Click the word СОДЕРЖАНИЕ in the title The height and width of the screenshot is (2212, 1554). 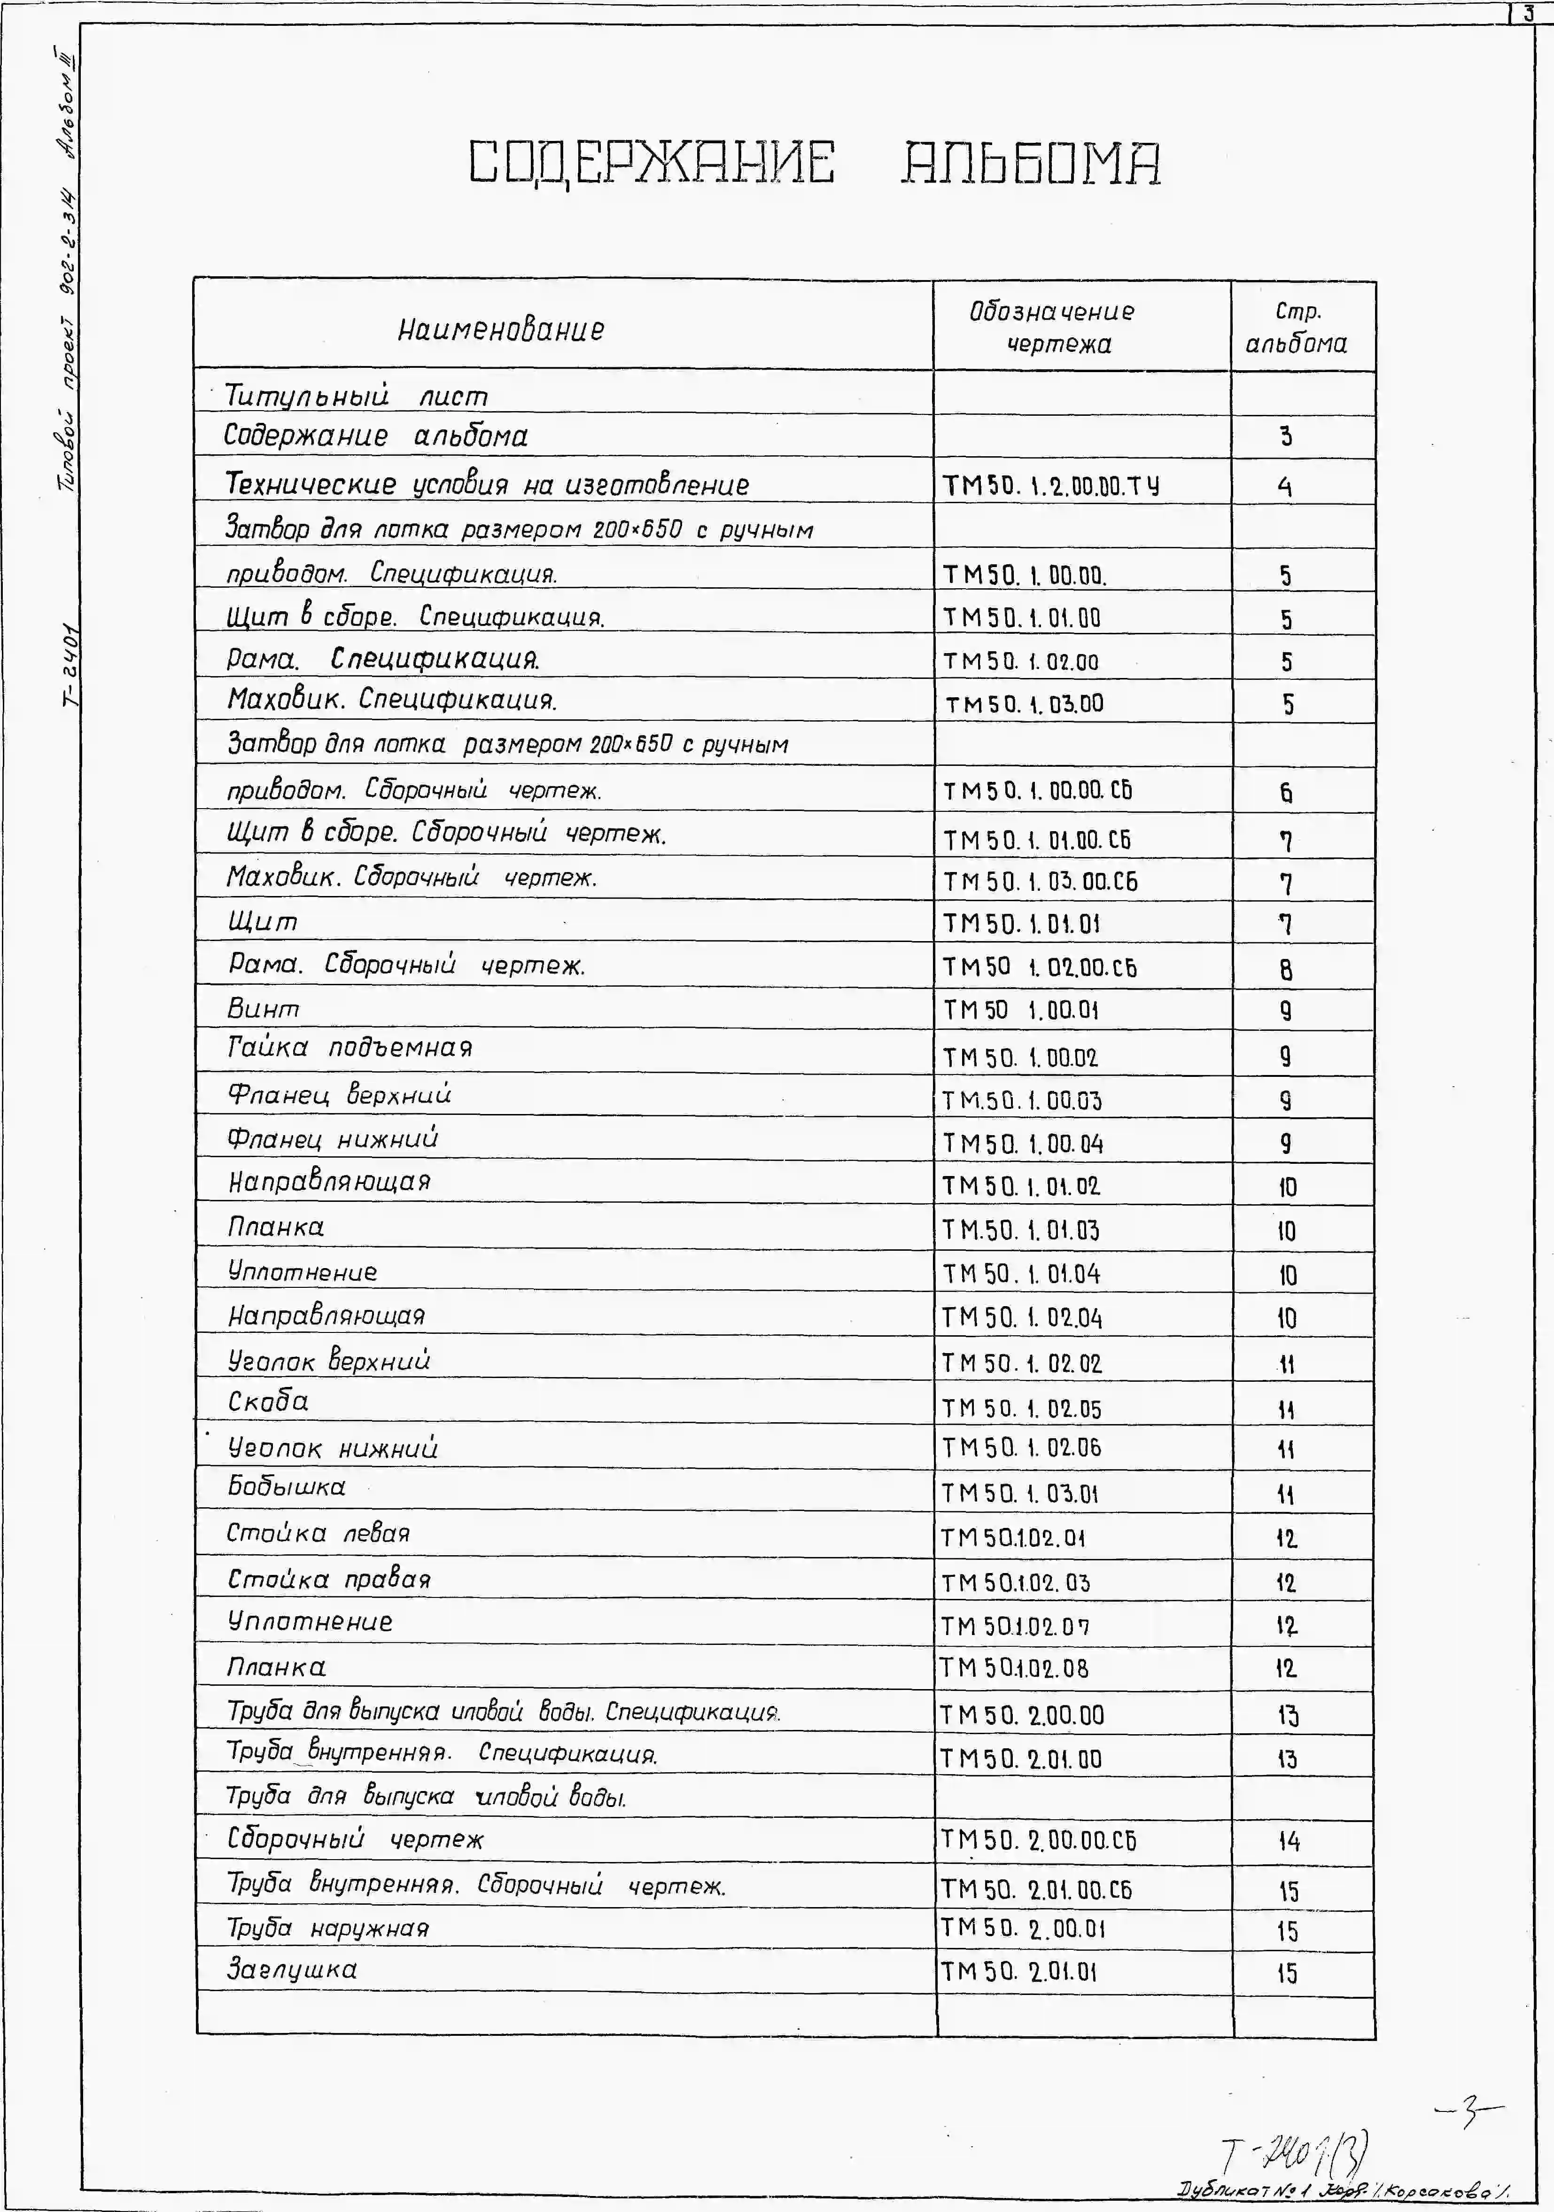click(651, 162)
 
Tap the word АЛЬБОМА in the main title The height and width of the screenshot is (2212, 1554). click(1031, 162)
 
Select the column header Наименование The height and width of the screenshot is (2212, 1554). click(501, 329)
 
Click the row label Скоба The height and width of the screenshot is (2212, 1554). click(268, 1402)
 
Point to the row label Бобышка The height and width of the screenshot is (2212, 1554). click(286, 1487)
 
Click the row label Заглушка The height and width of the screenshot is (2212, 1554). click(292, 1969)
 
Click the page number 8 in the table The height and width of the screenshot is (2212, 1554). click(1286, 969)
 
